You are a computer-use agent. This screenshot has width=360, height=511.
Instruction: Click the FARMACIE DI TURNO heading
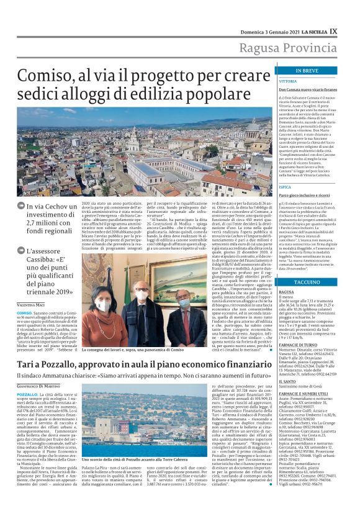299,344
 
